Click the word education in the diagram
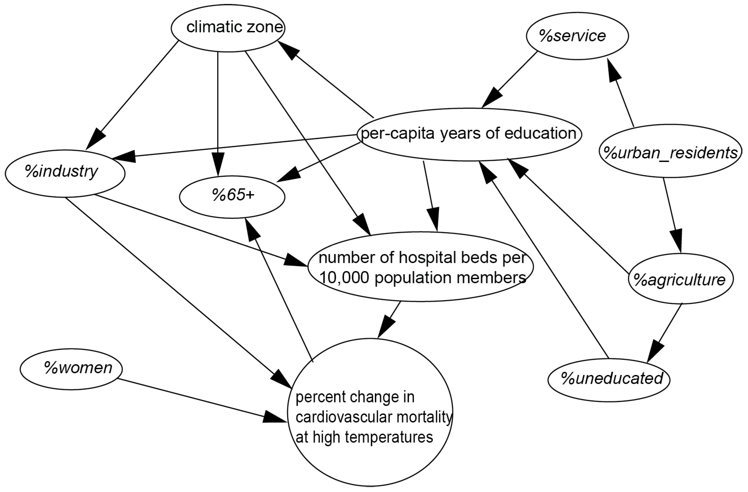(540, 134)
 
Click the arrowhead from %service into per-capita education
(491, 98)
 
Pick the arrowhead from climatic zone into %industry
(95, 139)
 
